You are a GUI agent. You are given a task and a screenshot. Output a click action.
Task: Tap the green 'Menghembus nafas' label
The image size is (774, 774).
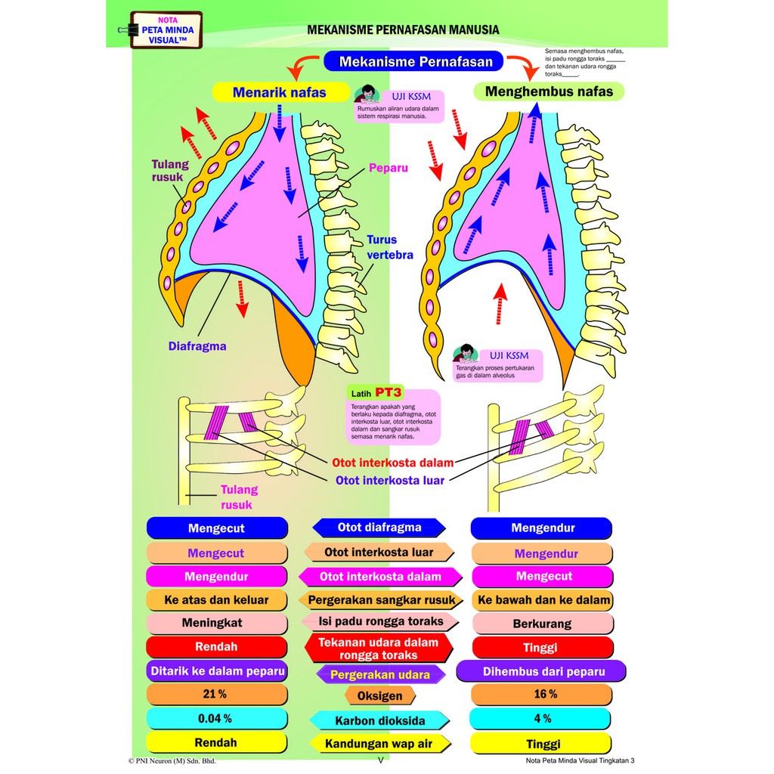(x=549, y=92)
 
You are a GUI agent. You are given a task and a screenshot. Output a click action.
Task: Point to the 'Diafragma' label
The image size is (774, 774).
(x=197, y=347)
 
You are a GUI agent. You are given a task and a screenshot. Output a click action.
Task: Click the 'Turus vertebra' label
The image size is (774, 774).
(x=390, y=247)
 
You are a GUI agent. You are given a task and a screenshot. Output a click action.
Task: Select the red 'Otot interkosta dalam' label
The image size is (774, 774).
(x=392, y=463)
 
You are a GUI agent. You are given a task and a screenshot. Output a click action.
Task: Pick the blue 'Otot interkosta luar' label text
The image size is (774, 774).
(x=390, y=479)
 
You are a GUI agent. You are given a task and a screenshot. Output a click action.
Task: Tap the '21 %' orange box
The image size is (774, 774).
(x=217, y=694)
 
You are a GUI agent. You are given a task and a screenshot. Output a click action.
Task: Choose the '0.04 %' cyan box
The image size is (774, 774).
(x=217, y=718)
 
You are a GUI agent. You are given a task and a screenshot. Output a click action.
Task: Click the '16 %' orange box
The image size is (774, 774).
(x=541, y=694)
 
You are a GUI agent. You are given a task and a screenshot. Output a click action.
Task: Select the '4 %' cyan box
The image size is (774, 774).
(x=541, y=718)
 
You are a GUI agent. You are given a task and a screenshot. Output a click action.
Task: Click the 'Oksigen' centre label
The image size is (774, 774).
(x=379, y=695)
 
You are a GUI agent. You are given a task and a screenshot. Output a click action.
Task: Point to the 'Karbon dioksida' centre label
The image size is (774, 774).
(x=379, y=720)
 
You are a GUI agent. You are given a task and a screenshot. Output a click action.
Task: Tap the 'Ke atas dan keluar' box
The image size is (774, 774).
(x=217, y=600)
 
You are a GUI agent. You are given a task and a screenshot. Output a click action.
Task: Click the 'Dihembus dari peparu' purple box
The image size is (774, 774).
(x=541, y=670)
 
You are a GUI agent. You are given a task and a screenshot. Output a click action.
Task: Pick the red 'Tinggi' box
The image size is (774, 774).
(x=541, y=647)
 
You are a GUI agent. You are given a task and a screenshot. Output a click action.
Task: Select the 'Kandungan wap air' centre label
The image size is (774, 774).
(x=379, y=744)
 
